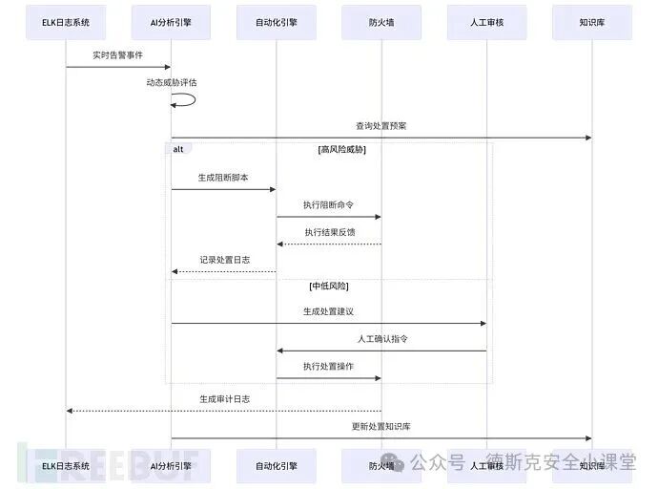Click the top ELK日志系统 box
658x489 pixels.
66,22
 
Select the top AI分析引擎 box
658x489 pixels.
171,22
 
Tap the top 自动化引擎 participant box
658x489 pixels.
277,22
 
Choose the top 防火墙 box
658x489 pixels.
381,22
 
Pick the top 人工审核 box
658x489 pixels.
486,22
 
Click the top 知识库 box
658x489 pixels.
591,22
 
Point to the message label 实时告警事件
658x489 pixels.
118,55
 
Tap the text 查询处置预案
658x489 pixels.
381,126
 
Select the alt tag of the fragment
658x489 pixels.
178,149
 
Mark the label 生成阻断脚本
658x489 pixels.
223,178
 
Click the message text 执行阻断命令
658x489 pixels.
329,205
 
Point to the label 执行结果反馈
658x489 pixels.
329,232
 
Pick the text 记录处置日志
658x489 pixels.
224,260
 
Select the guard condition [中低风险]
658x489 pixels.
329,286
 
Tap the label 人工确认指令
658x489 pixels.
382,339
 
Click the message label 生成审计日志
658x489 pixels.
224,399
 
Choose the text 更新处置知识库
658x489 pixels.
381,426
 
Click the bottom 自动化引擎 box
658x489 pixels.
277,465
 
